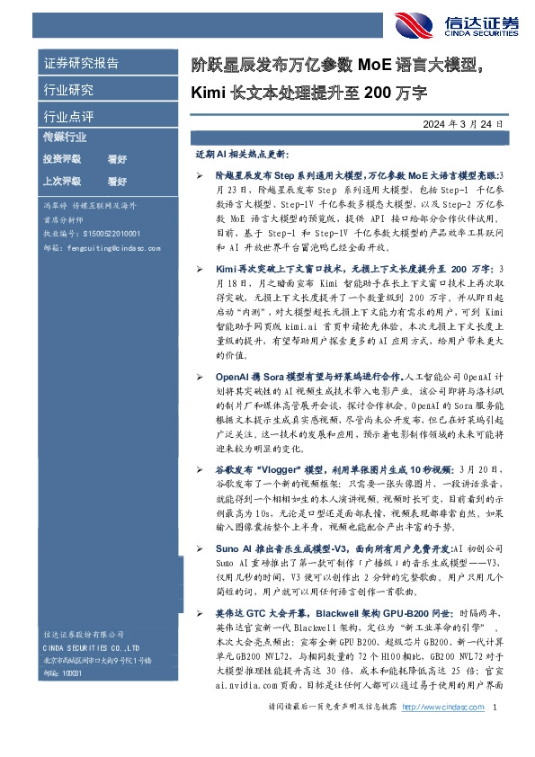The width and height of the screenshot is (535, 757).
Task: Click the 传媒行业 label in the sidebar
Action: pyautogui.click(x=65, y=138)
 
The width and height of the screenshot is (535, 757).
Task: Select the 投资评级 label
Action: pyautogui.click(x=62, y=159)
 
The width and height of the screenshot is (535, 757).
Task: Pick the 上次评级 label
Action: pyautogui.click(x=62, y=181)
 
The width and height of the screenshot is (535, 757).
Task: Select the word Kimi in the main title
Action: pyautogui.click(x=209, y=92)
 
